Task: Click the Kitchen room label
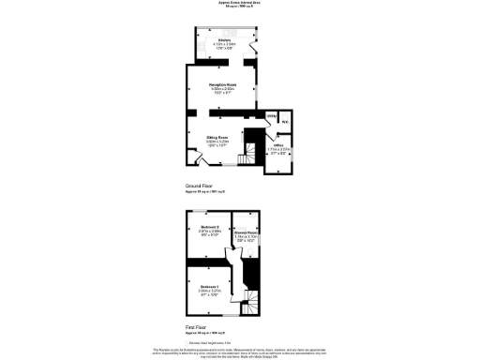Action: (225, 40)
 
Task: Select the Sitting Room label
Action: (217, 137)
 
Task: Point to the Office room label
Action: (278, 144)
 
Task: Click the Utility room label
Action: (270, 116)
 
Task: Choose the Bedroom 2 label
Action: (210, 227)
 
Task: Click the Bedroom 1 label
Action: (209, 286)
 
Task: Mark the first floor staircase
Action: (251, 301)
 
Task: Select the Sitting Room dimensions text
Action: (217, 143)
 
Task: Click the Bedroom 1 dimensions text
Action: (209, 292)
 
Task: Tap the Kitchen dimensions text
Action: (225, 47)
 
